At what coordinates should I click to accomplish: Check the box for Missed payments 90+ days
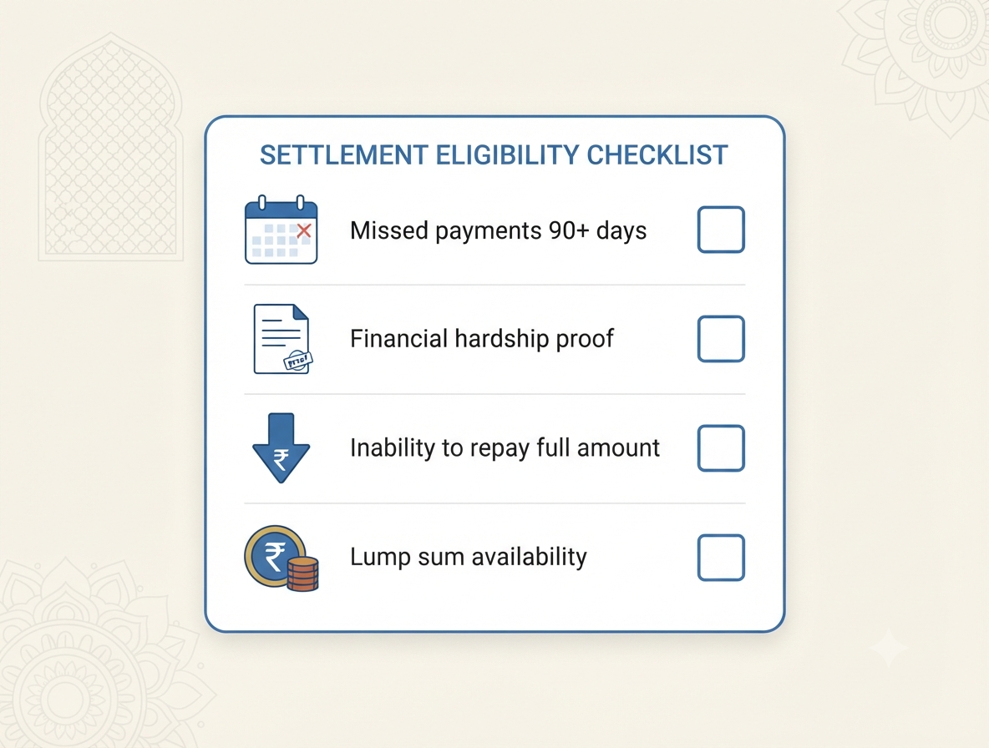(x=721, y=230)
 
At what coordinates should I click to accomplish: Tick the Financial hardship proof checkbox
(x=721, y=339)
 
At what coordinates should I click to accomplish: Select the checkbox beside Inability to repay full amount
(x=721, y=448)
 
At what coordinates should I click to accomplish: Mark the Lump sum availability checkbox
(x=721, y=558)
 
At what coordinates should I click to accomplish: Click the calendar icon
(x=281, y=230)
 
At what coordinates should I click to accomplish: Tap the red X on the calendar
(x=303, y=230)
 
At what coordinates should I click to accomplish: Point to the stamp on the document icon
(x=297, y=361)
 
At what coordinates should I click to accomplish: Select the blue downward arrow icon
(x=281, y=448)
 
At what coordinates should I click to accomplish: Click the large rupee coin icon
(x=275, y=557)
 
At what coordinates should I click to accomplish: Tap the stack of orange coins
(x=302, y=574)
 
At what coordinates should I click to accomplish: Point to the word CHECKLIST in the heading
(x=657, y=155)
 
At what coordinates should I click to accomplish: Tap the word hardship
(x=502, y=339)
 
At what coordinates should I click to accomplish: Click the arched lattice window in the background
(x=111, y=148)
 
